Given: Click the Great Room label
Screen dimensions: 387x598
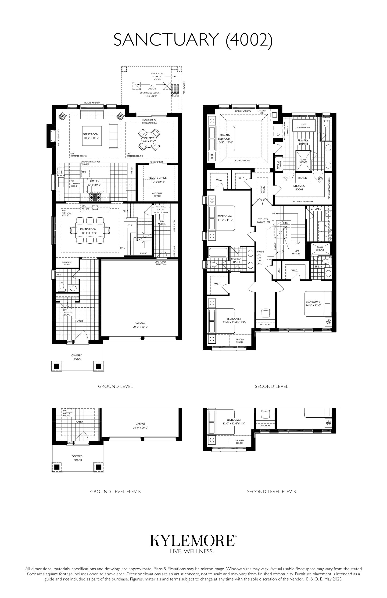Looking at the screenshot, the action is point(91,134).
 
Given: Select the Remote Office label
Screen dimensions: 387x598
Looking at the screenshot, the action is point(158,178).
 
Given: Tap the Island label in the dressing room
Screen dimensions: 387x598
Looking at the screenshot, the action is point(303,178).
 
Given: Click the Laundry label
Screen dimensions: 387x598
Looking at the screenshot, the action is point(315,209).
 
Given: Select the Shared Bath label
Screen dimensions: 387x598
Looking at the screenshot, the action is point(236,260).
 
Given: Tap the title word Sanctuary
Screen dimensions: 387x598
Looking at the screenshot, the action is point(166,40).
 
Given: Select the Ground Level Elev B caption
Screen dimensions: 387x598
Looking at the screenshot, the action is point(115,491).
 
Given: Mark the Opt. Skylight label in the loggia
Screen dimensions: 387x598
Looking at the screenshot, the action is point(152,87).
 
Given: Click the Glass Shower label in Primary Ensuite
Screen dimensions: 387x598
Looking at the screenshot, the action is point(303,161).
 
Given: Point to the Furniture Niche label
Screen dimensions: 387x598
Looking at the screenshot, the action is point(67,263).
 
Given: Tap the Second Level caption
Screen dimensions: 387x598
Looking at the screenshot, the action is point(271,386).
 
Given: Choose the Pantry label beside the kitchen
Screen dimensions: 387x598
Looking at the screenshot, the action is point(131,171).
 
